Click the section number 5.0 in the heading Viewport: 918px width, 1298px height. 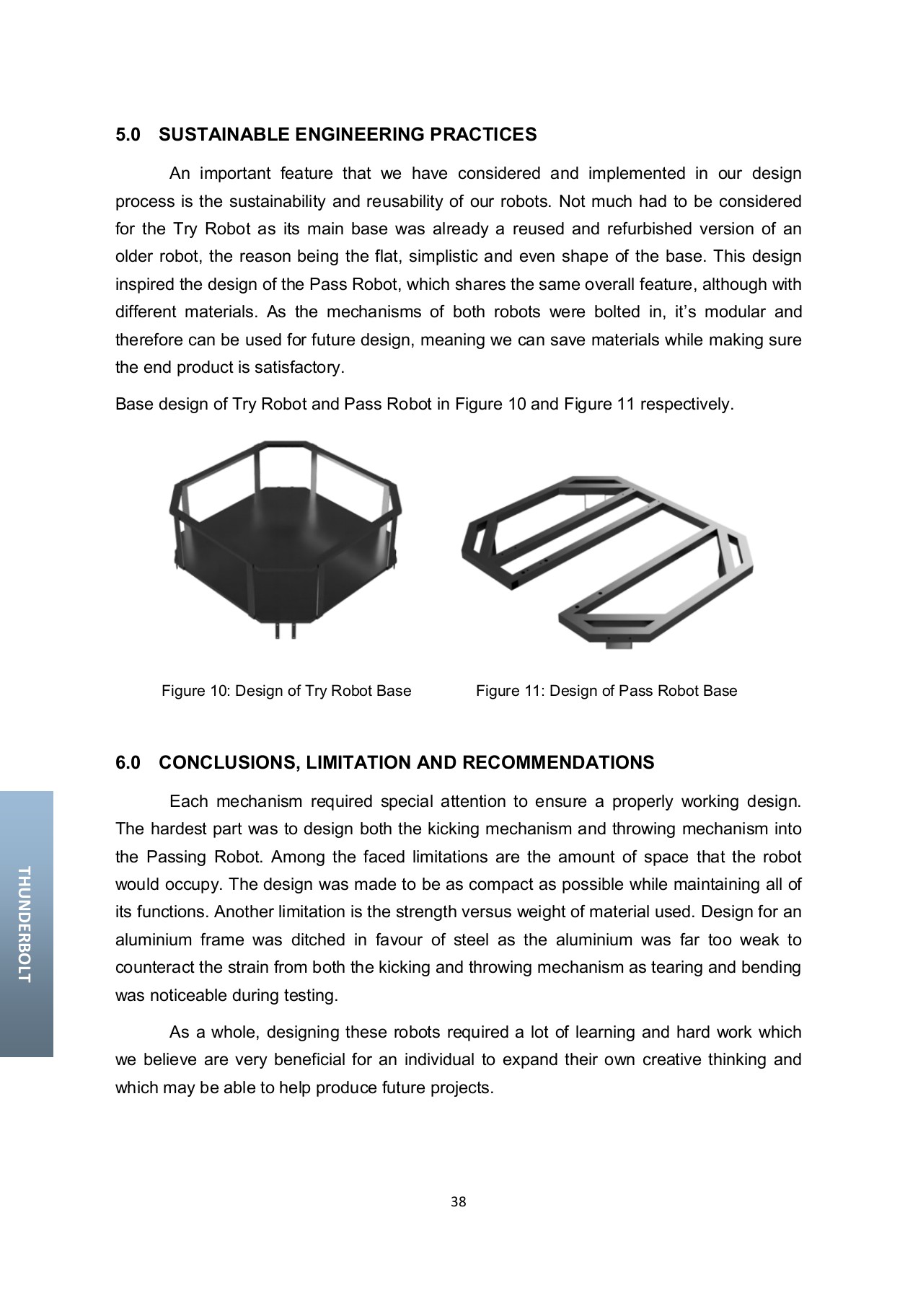click(x=128, y=135)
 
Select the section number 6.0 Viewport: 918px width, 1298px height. click(x=128, y=763)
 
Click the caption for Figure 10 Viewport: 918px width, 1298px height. click(x=286, y=691)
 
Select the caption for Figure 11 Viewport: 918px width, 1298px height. click(x=606, y=691)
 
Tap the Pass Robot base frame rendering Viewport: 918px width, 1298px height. click(x=606, y=555)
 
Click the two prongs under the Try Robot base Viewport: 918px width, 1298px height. click(x=285, y=630)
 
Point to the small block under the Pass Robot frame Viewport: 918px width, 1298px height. click(x=617, y=646)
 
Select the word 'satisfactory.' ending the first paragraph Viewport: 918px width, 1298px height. click(x=302, y=368)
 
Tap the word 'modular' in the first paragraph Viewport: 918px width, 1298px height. click(x=738, y=312)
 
